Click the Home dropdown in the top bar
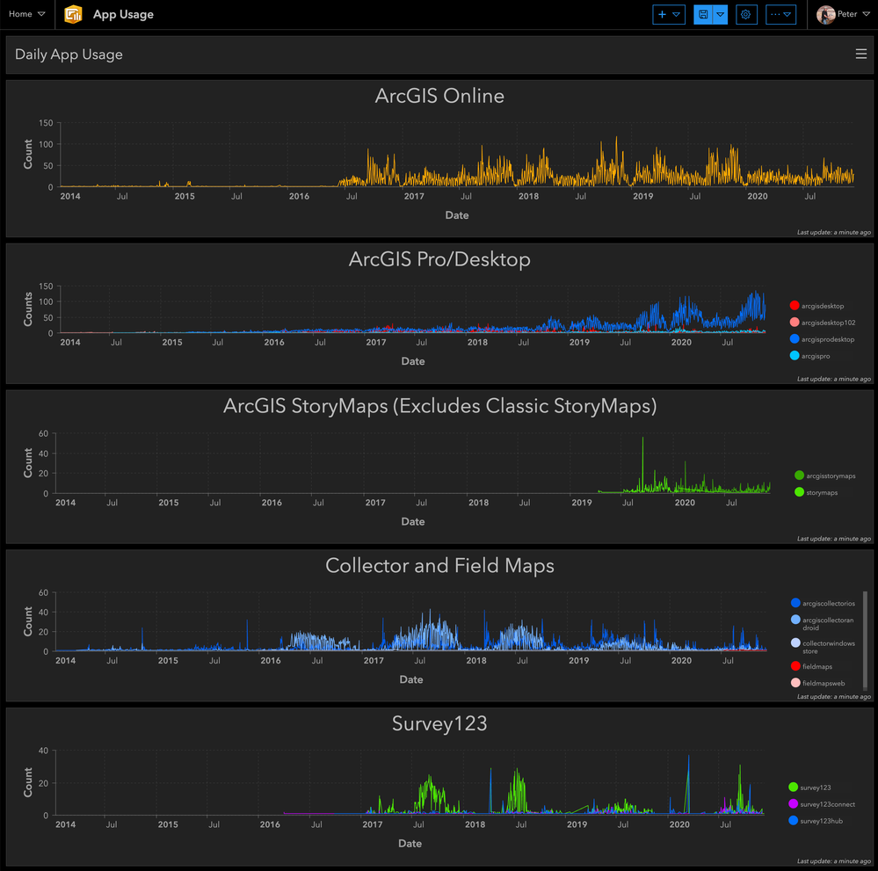tap(26, 14)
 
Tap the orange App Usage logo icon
tap(74, 14)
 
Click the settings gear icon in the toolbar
tap(746, 14)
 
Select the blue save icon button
tap(703, 14)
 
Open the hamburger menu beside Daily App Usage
tap(860, 54)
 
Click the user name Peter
tap(845, 14)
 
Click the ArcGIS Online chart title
tap(439, 96)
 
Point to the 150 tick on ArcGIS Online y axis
tap(46, 123)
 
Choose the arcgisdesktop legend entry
tap(822, 306)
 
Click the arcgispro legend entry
tap(815, 356)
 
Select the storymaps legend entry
tap(821, 492)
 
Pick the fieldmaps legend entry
tap(816, 666)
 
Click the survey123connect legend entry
tap(827, 804)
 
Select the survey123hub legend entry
tap(821, 821)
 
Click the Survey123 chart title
tap(439, 723)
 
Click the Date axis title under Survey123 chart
tap(410, 844)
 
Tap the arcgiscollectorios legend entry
tap(828, 603)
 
